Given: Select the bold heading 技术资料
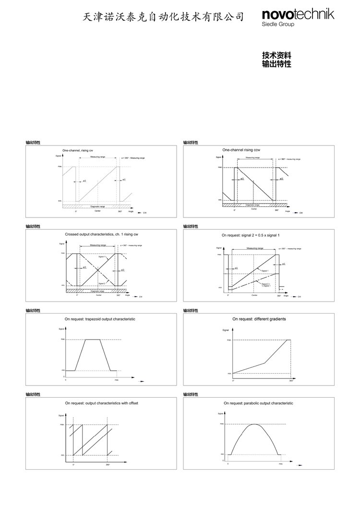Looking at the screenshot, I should (x=277, y=55).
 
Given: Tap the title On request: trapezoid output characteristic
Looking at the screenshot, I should (x=100, y=318).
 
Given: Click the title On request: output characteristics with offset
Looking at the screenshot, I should (x=101, y=403).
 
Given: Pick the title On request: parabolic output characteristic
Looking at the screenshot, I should (x=258, y=403).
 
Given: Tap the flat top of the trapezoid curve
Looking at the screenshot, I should (x=93, y=339).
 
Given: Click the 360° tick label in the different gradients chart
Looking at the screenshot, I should (x=291, y=380).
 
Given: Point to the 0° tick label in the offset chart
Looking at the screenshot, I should (x=73, y=465).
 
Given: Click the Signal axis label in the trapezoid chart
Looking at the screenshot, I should (x=61, y=329).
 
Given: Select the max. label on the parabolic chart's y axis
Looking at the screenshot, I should (x=222, y=424).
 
